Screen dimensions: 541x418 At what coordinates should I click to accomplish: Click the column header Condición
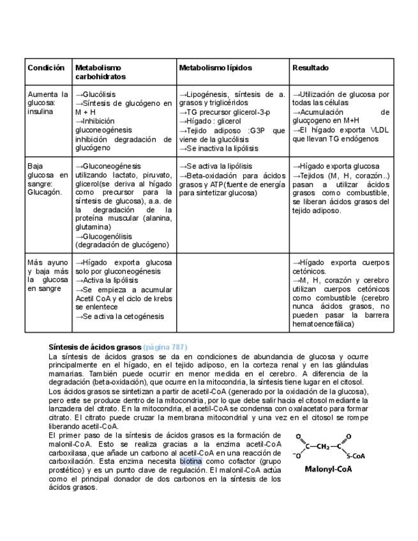click(x=46, y=67)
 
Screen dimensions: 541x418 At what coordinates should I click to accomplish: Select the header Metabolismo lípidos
click(x=215, y=67)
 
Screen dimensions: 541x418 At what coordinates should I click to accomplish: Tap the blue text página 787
click(x=165, y=346)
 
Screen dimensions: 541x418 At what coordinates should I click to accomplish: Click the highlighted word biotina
click(x=190, y=460)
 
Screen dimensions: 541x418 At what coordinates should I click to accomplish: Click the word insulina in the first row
click(x=40, y=112)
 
